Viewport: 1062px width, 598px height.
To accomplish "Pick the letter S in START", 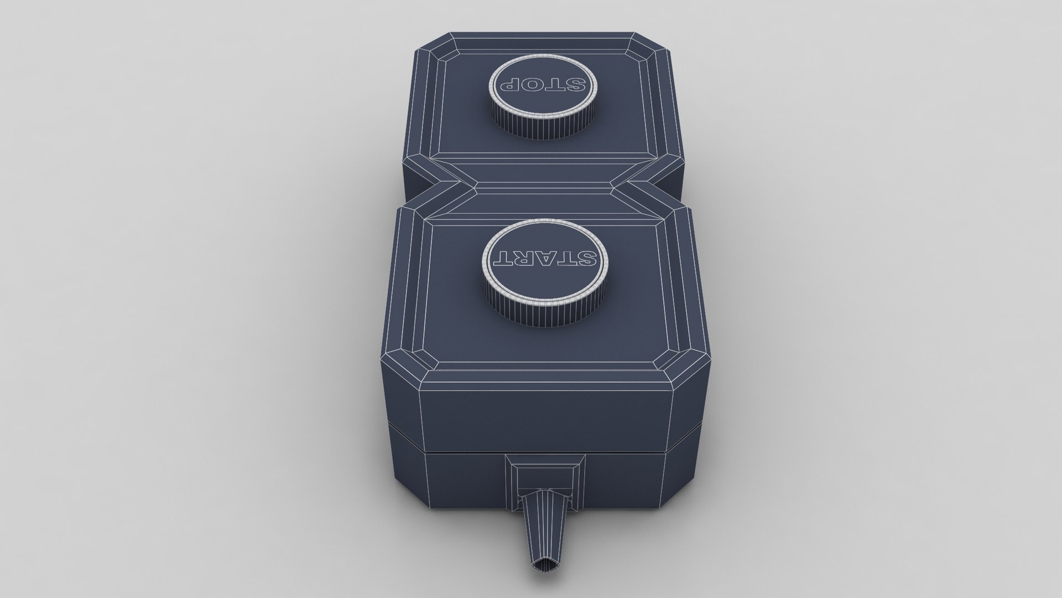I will coord(585,256).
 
